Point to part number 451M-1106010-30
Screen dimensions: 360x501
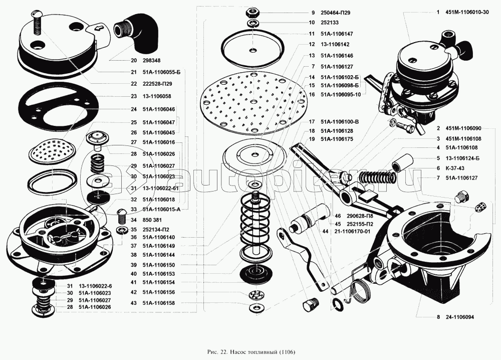(466, 13)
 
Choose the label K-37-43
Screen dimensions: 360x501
(453, 168)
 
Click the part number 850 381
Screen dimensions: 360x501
(153, 220)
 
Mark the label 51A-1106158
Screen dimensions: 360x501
(158, 303)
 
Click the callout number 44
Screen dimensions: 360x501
(325, 232)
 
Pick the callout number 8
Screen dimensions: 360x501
(438, 317)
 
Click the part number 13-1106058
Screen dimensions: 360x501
(157, 96)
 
